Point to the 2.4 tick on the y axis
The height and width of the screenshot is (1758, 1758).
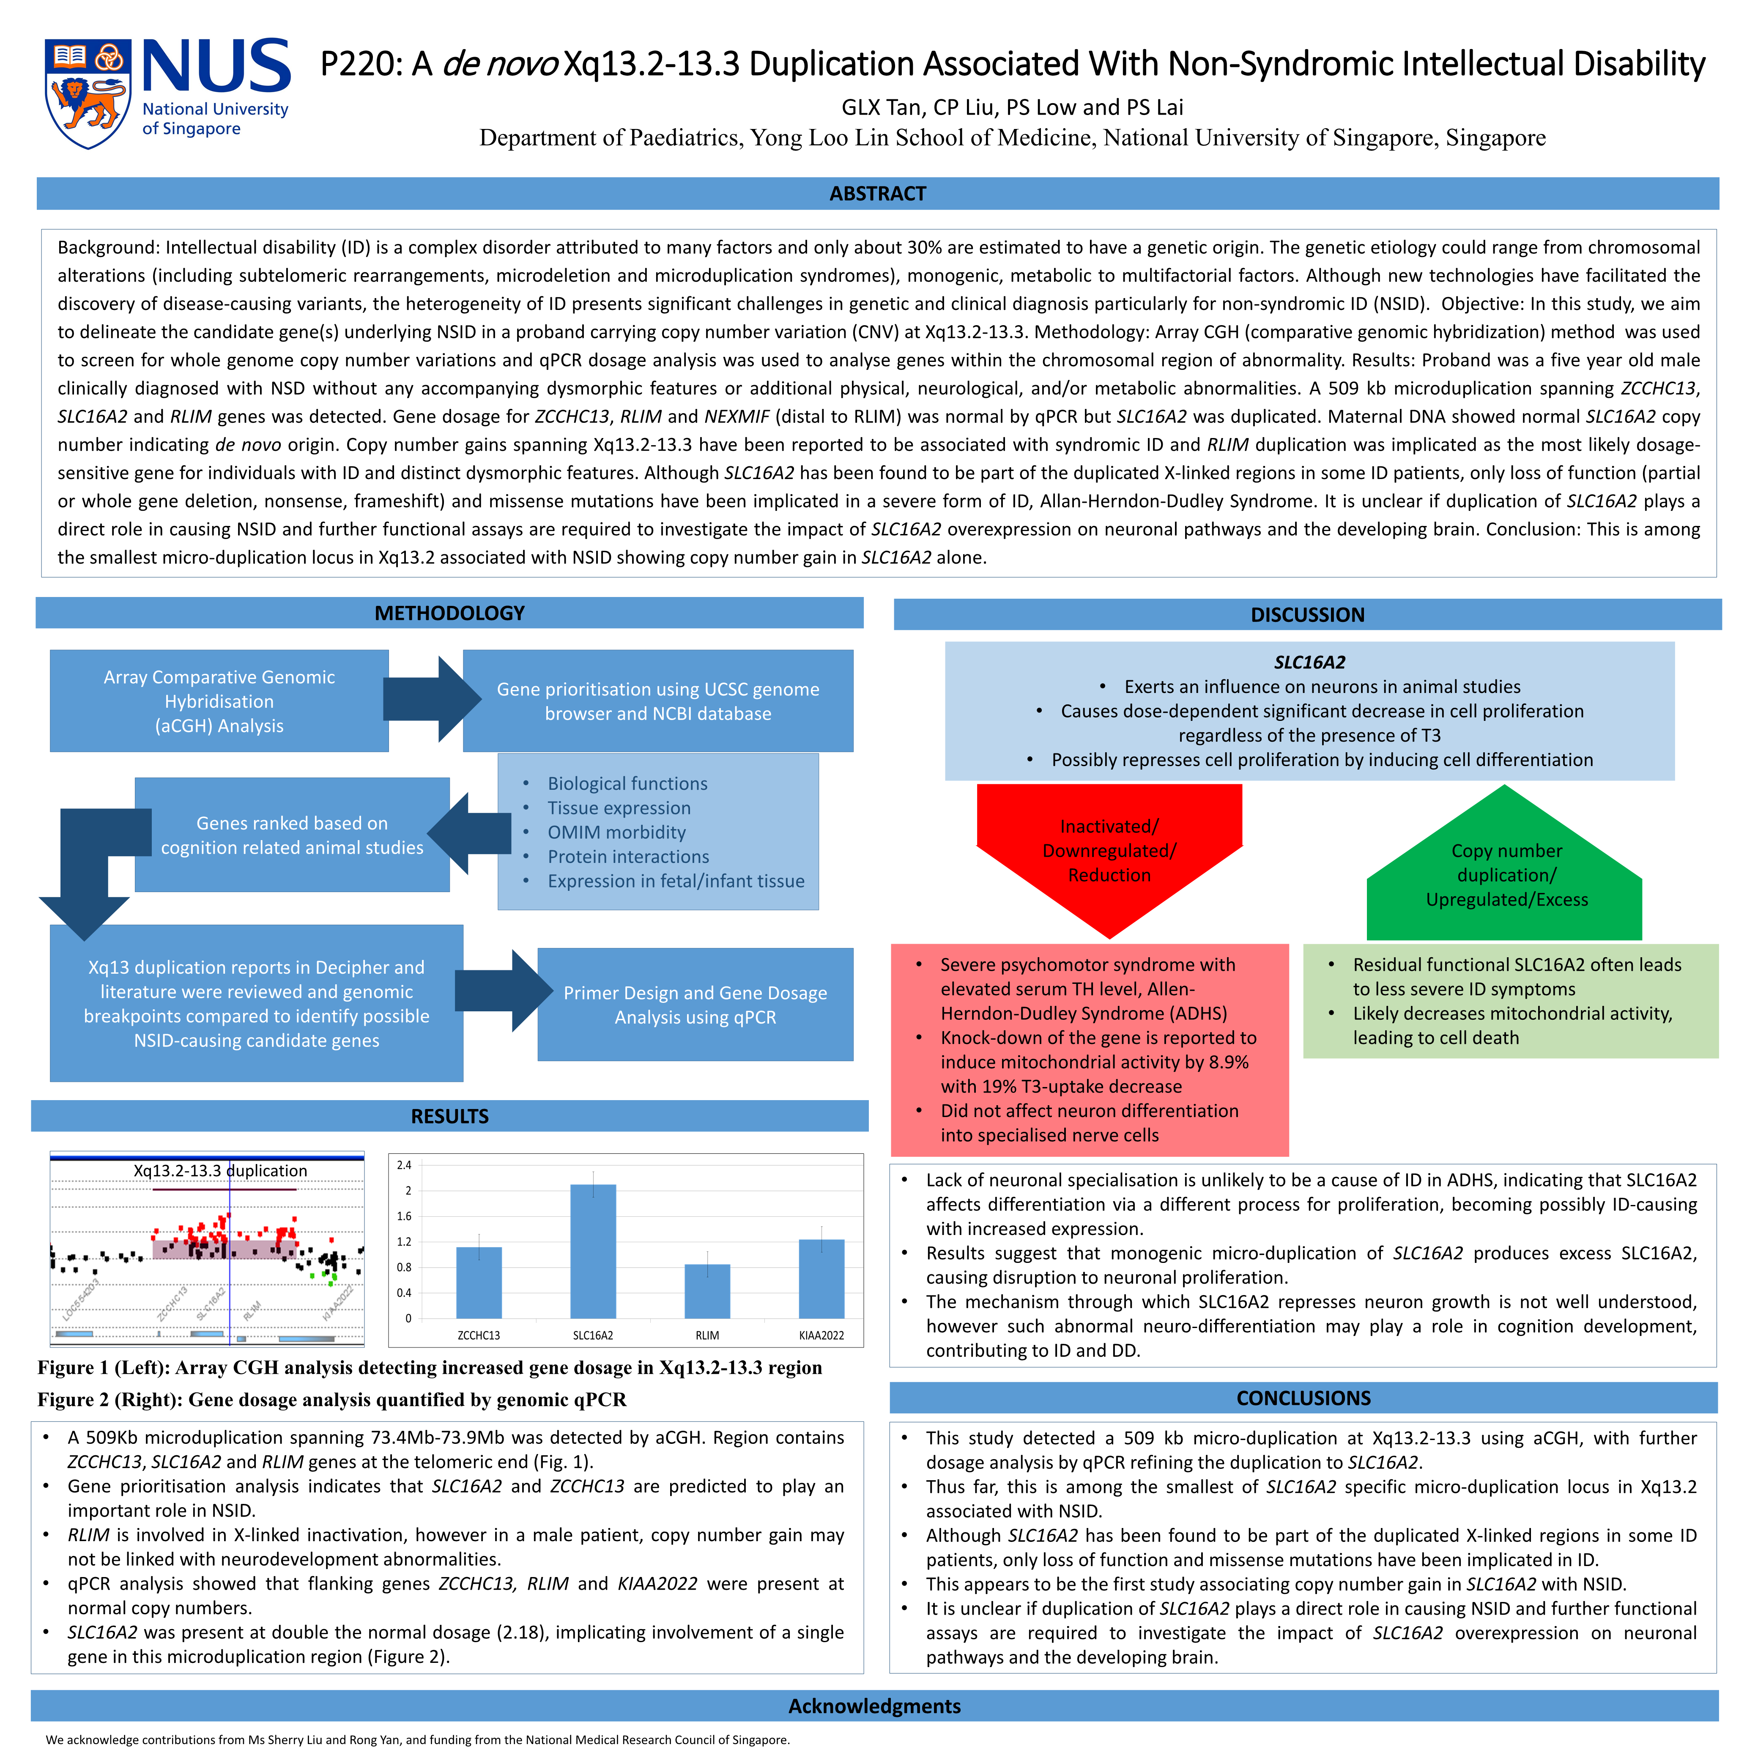coord(404,1165)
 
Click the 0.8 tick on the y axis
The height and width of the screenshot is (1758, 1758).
coord(404,1267)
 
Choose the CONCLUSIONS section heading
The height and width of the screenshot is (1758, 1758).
coord(1303,1398)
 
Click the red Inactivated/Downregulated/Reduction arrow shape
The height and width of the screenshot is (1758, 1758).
coord(1109,851)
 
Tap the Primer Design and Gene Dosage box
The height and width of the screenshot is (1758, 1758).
coord(695,1005)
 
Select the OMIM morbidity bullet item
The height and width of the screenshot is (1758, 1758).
coord(616,832)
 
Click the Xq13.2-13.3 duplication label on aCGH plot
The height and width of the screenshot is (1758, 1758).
coord(220,1170)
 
